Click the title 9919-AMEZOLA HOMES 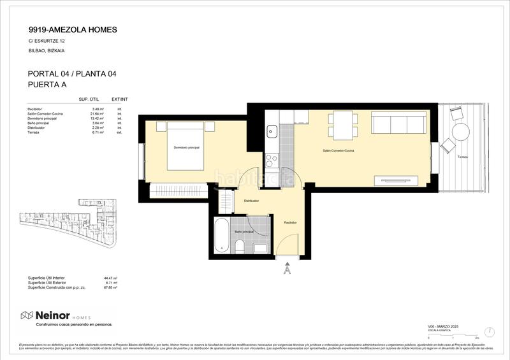point(73,29)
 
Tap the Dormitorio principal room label point(186,148)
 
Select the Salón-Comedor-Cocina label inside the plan point(339,151)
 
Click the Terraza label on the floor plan point(461,156)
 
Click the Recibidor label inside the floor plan point(290,222)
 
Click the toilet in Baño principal point(240,245)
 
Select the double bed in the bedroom point(186,147)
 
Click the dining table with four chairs point(341,124)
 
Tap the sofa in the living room point(399,123)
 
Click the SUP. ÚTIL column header point(88,100)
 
